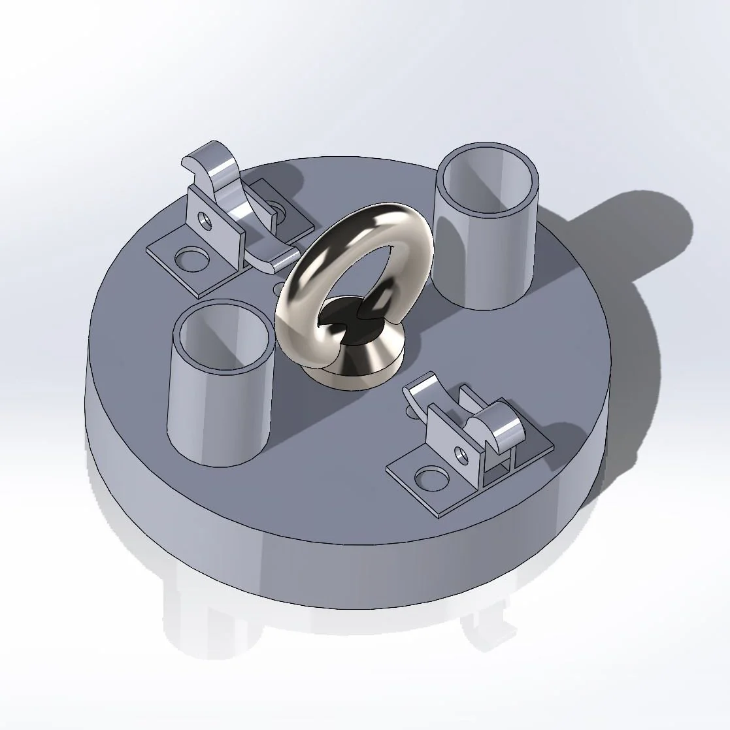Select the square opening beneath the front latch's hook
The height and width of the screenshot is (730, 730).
point(499,466)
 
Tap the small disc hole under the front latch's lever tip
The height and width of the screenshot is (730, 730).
point(410,411)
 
